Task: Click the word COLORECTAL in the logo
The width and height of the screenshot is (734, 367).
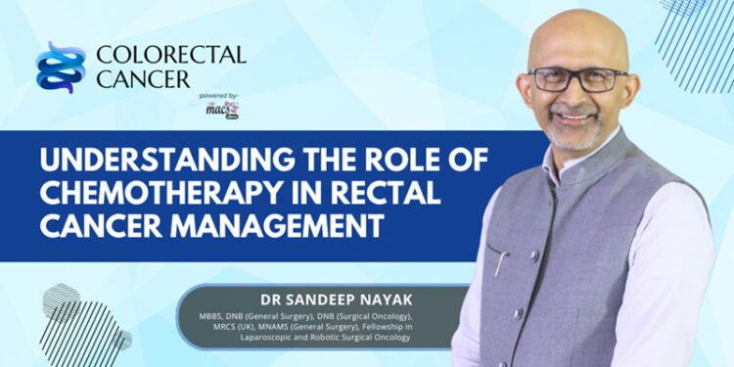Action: pos(170,55)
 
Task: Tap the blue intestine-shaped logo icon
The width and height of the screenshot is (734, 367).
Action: pos(61,67)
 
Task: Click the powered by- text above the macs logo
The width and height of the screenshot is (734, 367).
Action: pos(217,96)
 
